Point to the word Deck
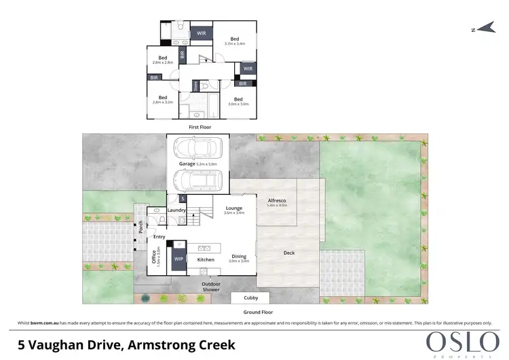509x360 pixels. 289,253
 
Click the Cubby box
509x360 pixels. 250,298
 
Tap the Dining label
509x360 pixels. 238,256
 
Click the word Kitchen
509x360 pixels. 206,259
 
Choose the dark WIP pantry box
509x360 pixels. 179,259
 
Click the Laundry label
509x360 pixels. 176,211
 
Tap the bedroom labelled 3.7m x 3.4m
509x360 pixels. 235,41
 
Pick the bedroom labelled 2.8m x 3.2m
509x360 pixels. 164,99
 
